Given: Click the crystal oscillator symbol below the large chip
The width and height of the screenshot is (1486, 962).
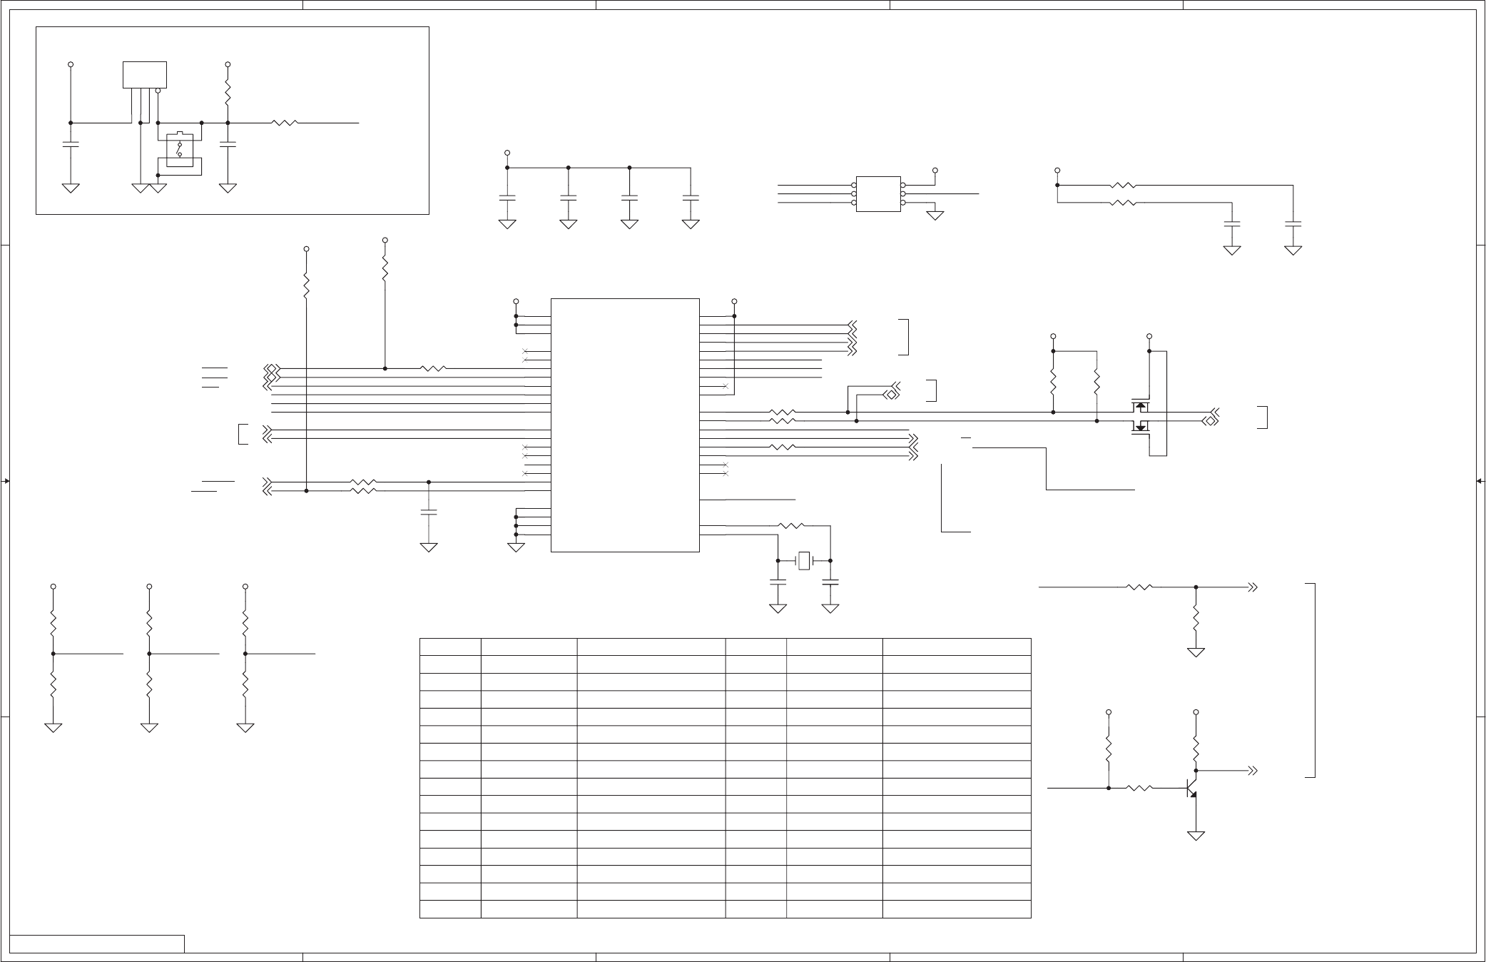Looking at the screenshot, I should click(804, 561).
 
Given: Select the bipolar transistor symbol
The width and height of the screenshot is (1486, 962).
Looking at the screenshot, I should click(1191, 788).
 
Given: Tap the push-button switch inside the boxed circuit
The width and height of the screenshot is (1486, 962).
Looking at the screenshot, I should click(179, 148).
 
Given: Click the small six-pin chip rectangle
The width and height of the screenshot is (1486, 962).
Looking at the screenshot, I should click(878, 193).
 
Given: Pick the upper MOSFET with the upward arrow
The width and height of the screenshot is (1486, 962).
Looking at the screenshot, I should click(1140, 407).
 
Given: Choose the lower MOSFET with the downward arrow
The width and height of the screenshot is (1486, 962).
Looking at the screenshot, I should click(1140, 427).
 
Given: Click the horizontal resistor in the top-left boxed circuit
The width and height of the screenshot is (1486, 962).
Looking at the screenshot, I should click(285, 123).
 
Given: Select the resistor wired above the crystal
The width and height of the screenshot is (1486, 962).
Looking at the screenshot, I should click(791, 526).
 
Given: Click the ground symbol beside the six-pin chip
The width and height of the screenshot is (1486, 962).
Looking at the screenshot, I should click(935, 215).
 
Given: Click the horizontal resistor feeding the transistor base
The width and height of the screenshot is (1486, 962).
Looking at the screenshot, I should click(1139, 788).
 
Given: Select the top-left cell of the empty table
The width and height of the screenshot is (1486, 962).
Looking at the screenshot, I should click(450, 647).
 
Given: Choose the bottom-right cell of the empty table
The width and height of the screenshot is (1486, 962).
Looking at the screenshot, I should click(956, 909).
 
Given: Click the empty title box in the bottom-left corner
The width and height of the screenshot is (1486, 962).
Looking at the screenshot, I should click(97, 943).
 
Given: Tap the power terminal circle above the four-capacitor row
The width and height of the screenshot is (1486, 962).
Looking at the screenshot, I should click(507, 153).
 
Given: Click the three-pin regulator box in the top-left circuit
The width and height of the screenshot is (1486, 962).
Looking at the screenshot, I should click(145, 75).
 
